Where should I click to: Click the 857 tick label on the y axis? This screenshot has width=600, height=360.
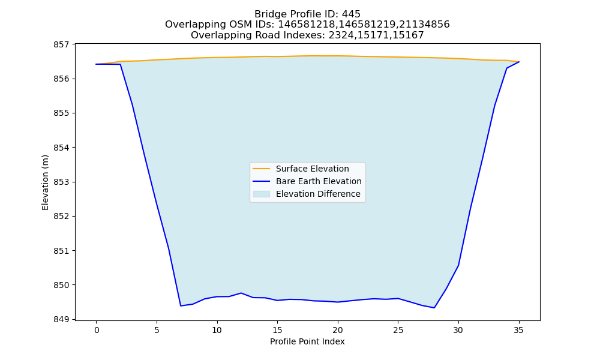[x=61, y=44]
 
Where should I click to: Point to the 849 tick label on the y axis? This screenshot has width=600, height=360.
[x=61, y=319]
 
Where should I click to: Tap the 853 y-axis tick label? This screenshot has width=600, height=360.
[x=61, y=182]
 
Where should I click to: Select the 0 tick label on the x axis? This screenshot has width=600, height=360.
[x=97, y=330]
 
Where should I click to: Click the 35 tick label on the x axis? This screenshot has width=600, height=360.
[x=518, y=330]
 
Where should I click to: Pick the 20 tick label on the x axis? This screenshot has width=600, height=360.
[x=337, y=330]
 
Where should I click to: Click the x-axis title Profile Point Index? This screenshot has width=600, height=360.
[x=307, y=341]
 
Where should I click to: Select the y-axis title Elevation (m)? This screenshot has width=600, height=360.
[x=45, y=182]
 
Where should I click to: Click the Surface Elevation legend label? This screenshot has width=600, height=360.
[x=312, y=169]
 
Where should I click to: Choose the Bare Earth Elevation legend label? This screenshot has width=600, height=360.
[x=319, y=181]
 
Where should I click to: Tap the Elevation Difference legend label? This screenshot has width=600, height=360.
[x=318, y=194]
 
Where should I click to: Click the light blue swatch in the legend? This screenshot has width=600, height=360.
[x=262, y=194]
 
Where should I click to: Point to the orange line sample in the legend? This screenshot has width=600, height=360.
[x=262, y=169]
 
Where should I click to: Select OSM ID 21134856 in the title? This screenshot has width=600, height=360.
[x=424, y=25]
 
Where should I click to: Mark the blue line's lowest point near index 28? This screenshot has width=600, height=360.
[x=434, y=308]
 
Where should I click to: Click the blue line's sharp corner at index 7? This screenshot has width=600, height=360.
[x=181, y=305]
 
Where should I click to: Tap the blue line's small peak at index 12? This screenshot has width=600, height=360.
[x=241, y=293]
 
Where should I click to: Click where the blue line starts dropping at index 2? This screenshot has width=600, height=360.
[x=120, y=64]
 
